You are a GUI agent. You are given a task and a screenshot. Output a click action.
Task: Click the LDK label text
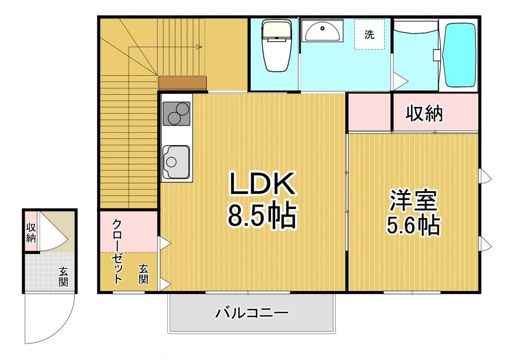point(262,183)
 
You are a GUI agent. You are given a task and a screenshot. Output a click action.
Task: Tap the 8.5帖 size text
point(262,216)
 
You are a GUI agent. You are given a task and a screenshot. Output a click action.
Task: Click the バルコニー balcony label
point(252,313)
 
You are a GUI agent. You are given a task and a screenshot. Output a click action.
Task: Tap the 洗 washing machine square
point(369,34)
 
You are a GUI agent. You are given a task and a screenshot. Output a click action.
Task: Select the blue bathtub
point(460,55)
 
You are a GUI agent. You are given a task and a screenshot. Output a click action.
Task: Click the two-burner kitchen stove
point(176,114)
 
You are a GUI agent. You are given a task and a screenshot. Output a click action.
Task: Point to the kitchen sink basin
point(176,162)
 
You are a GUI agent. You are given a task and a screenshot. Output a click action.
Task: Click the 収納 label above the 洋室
point(424,113)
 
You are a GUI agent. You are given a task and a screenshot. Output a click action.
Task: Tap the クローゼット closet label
point(117,251)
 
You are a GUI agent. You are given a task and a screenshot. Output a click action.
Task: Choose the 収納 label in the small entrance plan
point(31,232)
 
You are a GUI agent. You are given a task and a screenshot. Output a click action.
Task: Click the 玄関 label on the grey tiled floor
point(63,277)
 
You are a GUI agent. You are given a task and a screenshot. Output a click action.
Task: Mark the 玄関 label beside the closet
point(143,274)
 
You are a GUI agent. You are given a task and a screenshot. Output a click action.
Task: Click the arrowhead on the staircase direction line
point(199,47)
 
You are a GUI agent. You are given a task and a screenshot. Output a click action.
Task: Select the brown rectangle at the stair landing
point(183,83)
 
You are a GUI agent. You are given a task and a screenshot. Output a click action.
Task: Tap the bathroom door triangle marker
point(400,80)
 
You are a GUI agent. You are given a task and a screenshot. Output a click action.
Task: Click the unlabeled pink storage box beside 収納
point(369,112)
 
